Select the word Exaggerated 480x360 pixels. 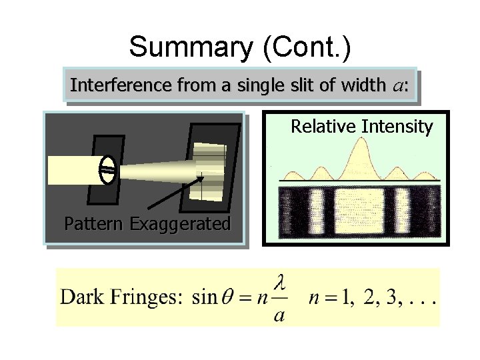(180, 223)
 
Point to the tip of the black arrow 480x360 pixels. (203, 175)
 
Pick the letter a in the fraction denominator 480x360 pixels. (279, 315)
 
